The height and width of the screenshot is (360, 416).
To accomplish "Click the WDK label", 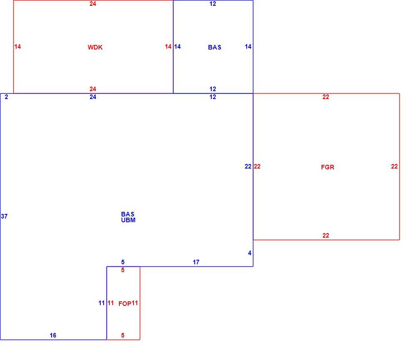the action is click(x=95, y=47).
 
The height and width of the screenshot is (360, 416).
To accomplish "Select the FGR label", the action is click(x=328, y=167).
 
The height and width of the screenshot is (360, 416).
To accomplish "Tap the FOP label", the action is click(x=125, y=304).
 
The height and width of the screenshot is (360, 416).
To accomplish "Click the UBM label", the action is click(x=128, y=220).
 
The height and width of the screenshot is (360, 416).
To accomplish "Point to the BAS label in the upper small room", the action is click(x=215, y=47).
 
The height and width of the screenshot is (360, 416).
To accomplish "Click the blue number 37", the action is click(x=4, y=216).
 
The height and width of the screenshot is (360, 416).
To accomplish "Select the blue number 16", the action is click(x=53, y=335).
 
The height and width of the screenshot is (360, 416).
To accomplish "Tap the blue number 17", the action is click(x=196, y=262).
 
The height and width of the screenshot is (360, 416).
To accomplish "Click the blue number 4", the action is click(x=250, y=253).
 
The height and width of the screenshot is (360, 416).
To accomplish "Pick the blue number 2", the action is click(x=6, y=97).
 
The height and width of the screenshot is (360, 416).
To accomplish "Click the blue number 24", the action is click(x=93, y=97).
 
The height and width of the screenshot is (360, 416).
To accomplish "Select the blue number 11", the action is click(x=102, y=303).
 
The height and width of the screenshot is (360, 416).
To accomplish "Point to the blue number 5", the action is click(x=123, y=262).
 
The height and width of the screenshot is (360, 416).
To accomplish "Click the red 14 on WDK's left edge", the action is click(x=17, y=47).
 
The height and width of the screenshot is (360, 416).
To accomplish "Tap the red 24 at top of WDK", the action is click(x=93, y=4).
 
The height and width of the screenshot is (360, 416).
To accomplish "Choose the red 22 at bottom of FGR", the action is click(x=326, y=236).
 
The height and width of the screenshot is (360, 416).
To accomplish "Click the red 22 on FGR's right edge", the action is click(x=394, y=166).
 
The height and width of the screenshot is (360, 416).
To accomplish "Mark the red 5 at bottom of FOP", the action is click(x=123, y=335).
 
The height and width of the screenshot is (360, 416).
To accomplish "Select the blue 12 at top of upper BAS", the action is click(x=213, y=4).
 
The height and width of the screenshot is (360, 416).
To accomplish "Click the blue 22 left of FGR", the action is click(x=248, y=166).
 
